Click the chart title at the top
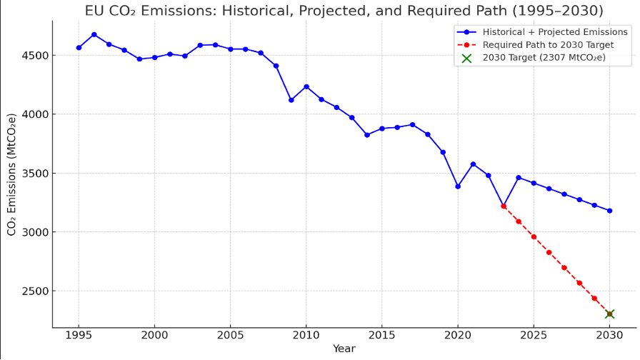tap(344, 11)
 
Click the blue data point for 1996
tap(94, 34)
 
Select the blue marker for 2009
tap(291, 100)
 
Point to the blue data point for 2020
tap(458, 186)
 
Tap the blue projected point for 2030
tap(609, 211)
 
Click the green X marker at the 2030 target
tap(609, 314)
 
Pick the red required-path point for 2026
tap(549, 252)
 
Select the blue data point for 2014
tap(367, 135)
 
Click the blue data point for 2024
tap(519, 178)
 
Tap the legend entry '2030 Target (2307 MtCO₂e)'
tap(544, 58)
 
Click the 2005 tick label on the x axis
tap(230, 335)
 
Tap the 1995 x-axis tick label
tap(79, 335)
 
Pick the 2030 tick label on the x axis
tap(609, 335)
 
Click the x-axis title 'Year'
tap(344, 349)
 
